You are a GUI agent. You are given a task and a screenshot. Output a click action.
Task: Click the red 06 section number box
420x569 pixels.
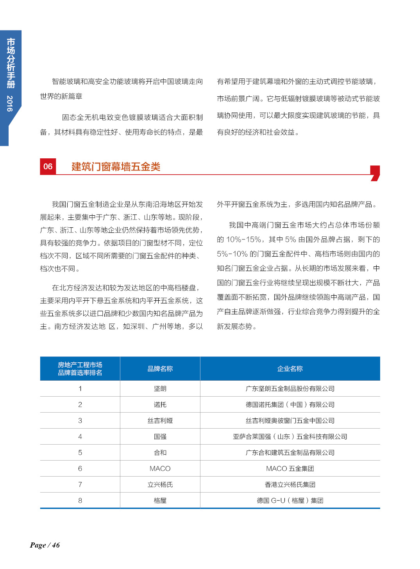[48, 167]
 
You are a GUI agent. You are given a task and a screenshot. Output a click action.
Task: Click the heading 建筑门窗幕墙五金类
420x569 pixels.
[116, 167]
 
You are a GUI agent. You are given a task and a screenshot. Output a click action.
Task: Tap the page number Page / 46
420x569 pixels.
[45, 545]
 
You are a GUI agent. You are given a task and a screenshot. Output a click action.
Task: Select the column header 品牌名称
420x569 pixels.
[160, 369]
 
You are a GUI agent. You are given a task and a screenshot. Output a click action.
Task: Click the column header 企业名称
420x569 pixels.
[290, 369]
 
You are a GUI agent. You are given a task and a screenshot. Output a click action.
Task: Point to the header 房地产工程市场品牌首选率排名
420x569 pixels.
[80, 369]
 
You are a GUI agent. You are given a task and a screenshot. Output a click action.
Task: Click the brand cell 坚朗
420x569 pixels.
[160, 389]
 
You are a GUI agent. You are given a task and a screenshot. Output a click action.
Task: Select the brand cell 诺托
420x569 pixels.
[160, 405]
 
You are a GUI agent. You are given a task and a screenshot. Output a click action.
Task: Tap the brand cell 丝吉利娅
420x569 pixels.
[160, 421]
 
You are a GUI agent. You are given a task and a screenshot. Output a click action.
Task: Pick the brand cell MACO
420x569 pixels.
[160, 469]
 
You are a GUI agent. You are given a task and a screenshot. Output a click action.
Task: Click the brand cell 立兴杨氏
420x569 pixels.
[160, 485]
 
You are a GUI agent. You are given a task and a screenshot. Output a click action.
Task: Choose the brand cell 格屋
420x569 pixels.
[160, 501]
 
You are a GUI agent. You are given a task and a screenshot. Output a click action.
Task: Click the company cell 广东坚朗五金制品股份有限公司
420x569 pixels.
[290, 389]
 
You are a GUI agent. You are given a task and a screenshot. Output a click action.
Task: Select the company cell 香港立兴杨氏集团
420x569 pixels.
[290, 485]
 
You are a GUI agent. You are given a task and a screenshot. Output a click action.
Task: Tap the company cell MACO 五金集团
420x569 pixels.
[290, 469]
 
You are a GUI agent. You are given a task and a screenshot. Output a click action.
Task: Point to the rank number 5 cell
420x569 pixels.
[80, 453]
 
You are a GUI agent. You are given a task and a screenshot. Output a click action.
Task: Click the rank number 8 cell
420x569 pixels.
[80, 501]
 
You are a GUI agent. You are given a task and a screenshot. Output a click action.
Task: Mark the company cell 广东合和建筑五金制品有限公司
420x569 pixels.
[290, 453]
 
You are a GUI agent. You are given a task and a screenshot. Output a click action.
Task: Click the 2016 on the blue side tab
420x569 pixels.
[10, 103]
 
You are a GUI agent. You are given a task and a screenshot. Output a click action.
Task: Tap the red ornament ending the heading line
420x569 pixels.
[375, 173]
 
